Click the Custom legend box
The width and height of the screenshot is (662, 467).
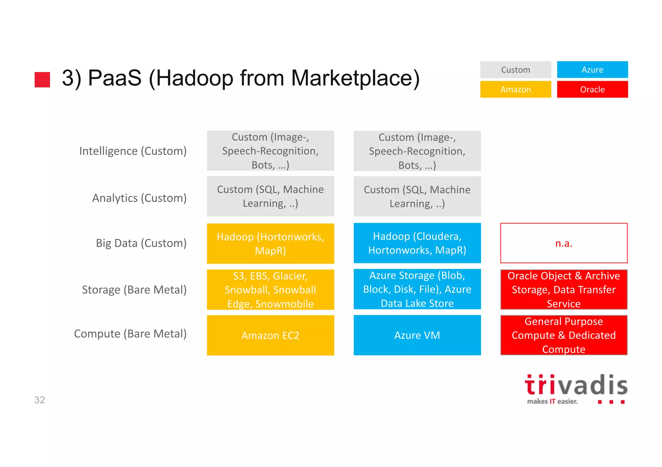515,70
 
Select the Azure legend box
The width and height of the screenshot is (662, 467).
592,70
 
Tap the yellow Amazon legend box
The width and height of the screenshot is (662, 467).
515,89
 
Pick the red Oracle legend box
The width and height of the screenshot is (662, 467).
592,89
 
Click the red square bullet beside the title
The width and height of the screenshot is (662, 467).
42,79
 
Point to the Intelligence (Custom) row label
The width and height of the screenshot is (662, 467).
133,151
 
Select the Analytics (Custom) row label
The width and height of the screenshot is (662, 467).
139,198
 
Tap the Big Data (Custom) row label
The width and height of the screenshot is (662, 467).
141,243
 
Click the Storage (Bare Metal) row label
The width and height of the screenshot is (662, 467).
134,290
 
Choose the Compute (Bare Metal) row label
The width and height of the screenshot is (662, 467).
130,334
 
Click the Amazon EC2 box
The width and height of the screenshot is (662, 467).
270,335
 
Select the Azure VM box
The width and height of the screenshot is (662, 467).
417,335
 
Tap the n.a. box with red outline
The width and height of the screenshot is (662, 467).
563,243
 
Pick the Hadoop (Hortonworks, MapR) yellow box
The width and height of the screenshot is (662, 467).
270,243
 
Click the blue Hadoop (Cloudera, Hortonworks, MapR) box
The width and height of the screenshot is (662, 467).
417,243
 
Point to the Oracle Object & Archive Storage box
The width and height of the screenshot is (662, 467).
563,289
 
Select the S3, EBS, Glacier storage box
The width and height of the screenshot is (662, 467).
270,289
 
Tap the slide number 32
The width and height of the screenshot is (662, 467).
39,400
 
